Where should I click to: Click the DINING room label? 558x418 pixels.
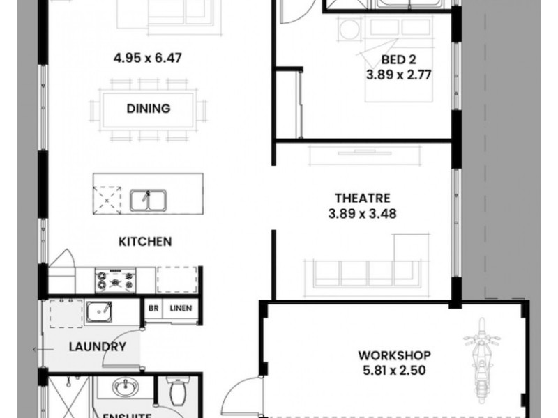149,108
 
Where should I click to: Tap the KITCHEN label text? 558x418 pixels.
144,242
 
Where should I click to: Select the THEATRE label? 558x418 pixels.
361,199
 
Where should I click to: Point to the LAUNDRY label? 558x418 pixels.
96,346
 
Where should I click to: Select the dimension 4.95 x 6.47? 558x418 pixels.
149,58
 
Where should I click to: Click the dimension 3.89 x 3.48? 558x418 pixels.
361,215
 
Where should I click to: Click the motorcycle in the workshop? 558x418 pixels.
483,354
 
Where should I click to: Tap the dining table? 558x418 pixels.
149,109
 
